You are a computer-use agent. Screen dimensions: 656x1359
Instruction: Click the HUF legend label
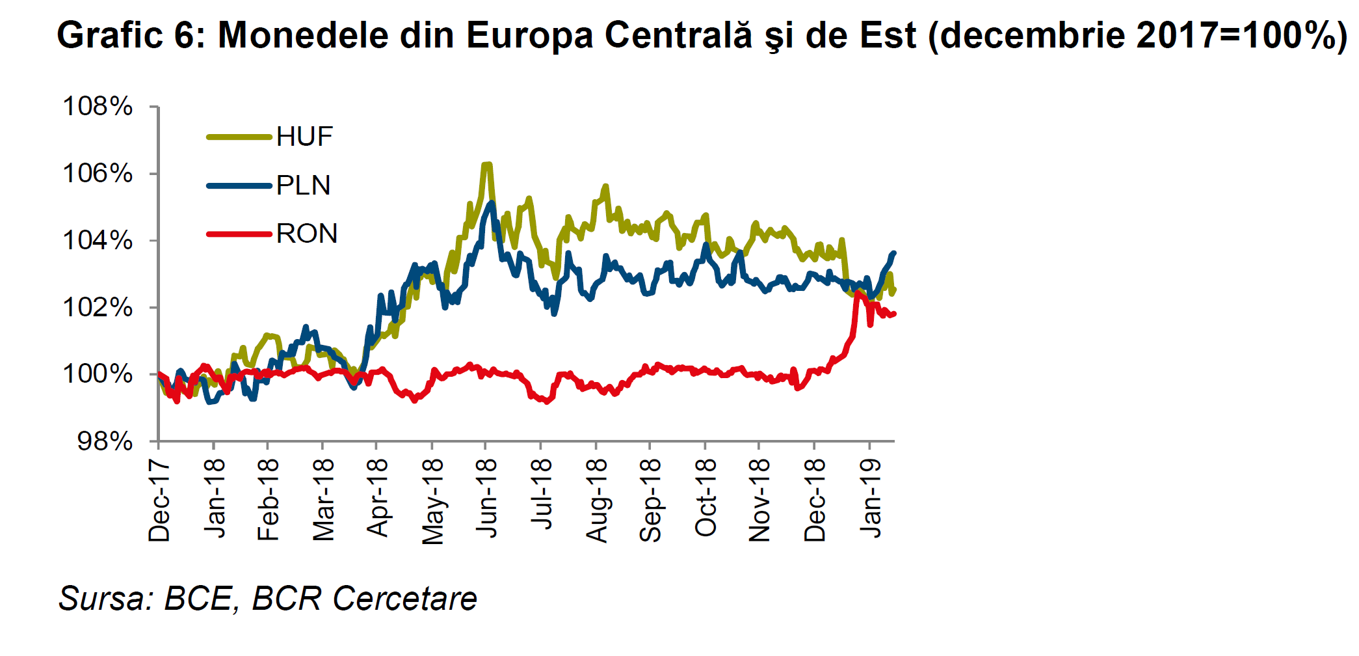(x=304, y=137)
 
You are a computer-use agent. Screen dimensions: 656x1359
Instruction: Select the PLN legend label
(x=303, y=185)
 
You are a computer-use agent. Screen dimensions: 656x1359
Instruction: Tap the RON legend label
(x=306, y=234)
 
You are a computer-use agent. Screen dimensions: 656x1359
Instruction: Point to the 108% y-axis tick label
(x=98, y=106)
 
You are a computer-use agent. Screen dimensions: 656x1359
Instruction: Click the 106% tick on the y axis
(x=98, y=174)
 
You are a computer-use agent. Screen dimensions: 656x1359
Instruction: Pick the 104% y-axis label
(x=98, y=241)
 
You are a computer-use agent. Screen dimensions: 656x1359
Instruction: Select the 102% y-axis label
(x=98, y=307)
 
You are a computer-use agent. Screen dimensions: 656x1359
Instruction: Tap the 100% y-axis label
(x=98, y=374)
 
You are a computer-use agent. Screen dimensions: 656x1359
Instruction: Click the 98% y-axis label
(x=105, y=441)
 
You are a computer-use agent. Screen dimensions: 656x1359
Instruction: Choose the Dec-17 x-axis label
(x=160, y=500)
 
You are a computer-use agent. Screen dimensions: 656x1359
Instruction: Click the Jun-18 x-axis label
(x=487, y=497)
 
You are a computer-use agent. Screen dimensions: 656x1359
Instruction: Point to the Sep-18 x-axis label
(x=651, y=500)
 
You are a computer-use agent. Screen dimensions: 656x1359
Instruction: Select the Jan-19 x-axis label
(x=871, y=497)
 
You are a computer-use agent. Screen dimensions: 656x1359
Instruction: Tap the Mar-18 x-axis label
(x=324, y=500)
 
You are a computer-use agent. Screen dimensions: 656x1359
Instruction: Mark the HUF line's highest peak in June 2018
(x=486, y=165)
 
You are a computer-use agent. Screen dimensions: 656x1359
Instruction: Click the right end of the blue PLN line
(x=894, y=253)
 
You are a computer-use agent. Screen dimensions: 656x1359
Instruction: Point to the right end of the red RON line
(x=895, y=314)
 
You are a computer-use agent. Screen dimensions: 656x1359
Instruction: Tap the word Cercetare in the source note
(x=404, y=598)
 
